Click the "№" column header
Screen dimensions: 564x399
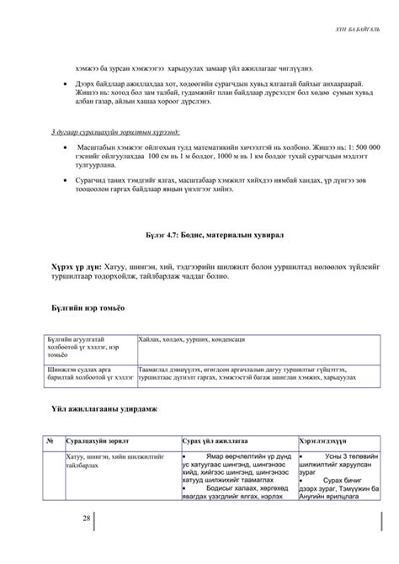51,441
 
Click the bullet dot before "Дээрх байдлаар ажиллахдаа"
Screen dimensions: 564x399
66,85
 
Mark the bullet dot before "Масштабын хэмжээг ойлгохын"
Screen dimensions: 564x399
66,146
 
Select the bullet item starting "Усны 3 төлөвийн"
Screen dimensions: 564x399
334,464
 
